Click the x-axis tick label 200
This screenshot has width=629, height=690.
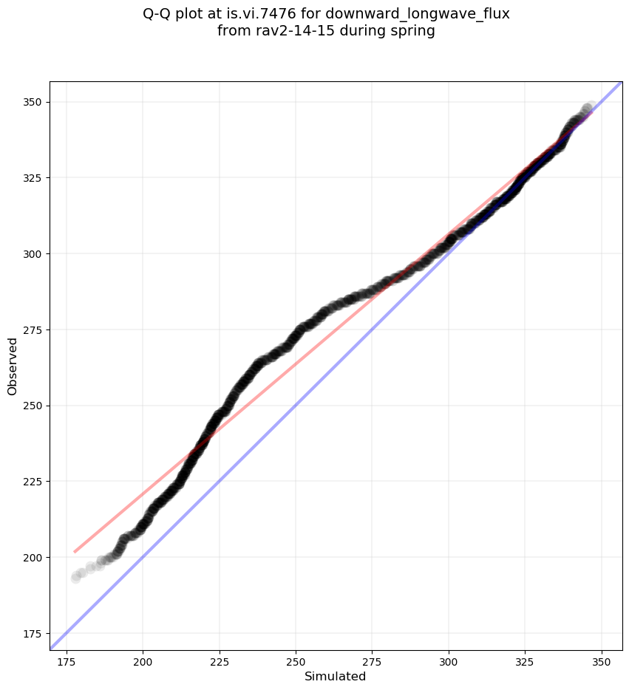coord(143,660)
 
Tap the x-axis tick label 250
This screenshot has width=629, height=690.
coord(296,660)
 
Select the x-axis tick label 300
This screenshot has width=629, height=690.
coord(449,660)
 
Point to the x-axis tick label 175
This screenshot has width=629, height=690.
coord(67,660)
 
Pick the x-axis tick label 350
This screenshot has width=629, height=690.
coord(602,660)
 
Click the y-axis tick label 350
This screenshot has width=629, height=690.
coord(33,102)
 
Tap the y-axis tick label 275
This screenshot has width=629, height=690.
coord(33,329)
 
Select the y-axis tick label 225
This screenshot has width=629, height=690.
coord(33,482)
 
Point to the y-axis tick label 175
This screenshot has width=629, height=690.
coord(33,633)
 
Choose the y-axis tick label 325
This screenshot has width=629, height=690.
coord(33,178)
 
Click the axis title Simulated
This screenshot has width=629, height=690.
coord(336,676)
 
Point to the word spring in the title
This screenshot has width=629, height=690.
coord(415,31)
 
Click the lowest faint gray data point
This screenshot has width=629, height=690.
coord(76,578)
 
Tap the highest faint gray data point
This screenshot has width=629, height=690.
coord(590,108)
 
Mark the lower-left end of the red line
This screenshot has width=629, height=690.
coord(74,552)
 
